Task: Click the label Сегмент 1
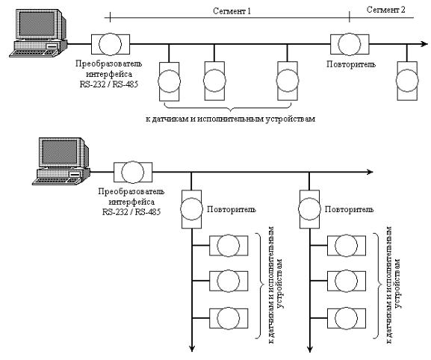tap(232, 11)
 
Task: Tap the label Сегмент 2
tap(385, 10)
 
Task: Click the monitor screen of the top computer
tap(37, 24)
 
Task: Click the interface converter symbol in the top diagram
tap(111, 44)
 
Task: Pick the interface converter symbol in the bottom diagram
tap(133, 172)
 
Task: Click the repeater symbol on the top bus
tap(350, 44)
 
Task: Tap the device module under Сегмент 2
tap(407, 81)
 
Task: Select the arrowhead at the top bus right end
tap(424, 44)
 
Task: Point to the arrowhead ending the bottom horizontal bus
tap(370, 172)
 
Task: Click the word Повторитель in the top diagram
tap(351, 64)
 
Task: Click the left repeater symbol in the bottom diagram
tap(191, 209)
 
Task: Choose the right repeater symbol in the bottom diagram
tap(309, 209)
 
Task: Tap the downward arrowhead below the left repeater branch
tap(192, 349)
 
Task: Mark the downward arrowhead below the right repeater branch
tap(310, 349)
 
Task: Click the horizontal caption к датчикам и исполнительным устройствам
tap(230, 120)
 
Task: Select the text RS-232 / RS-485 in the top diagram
tap(109, 84)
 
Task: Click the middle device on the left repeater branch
tap(229, 281)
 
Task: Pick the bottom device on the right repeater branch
tap(347, 318)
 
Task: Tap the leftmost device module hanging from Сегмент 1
tap(169, 81)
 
